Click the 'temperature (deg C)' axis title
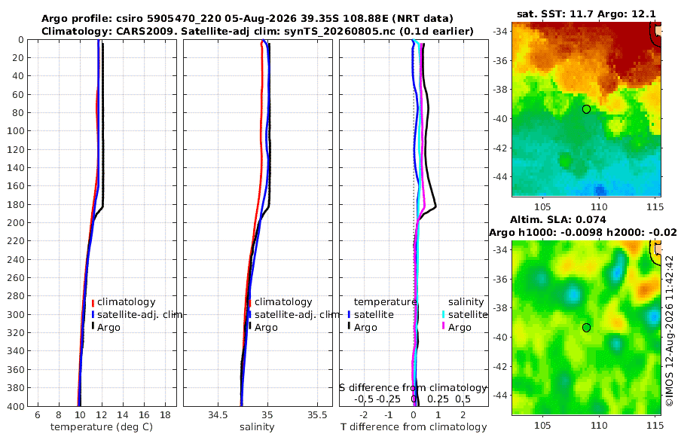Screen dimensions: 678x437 (102, 427)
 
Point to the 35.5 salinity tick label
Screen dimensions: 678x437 (317, 415)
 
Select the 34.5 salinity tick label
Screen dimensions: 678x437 (218, 415)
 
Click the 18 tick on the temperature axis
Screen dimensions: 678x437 (165, 415)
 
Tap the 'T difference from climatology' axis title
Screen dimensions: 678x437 (414, 427)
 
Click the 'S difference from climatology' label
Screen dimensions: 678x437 (414, 388)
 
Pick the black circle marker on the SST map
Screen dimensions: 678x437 (586, 109)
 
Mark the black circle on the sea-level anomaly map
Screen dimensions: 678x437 (586, 328)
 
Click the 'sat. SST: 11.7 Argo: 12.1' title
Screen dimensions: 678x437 (586, 14)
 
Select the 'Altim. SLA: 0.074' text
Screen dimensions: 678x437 (557, 219)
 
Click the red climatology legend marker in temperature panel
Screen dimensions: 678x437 (93, 302)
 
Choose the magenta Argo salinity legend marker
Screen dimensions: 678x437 (443, 327)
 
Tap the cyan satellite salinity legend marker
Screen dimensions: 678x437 (443, 314)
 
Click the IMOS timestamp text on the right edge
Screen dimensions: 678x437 (670, 331)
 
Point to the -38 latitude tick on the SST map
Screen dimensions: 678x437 (500, 90)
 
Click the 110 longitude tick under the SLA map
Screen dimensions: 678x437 (599, 425)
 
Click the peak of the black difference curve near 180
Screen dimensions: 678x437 (435, 206)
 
